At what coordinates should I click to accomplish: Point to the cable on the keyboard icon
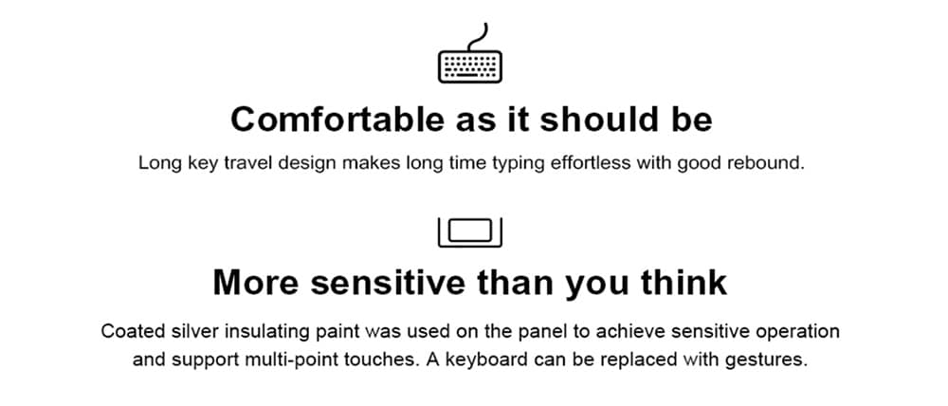(478, 36)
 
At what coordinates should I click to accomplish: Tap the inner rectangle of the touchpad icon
(470, 231)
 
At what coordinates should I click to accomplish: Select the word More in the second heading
(255, 282)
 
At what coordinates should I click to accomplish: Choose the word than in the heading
(516, 282)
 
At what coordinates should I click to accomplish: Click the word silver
(190, 332)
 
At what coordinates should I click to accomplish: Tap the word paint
(341, 332)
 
